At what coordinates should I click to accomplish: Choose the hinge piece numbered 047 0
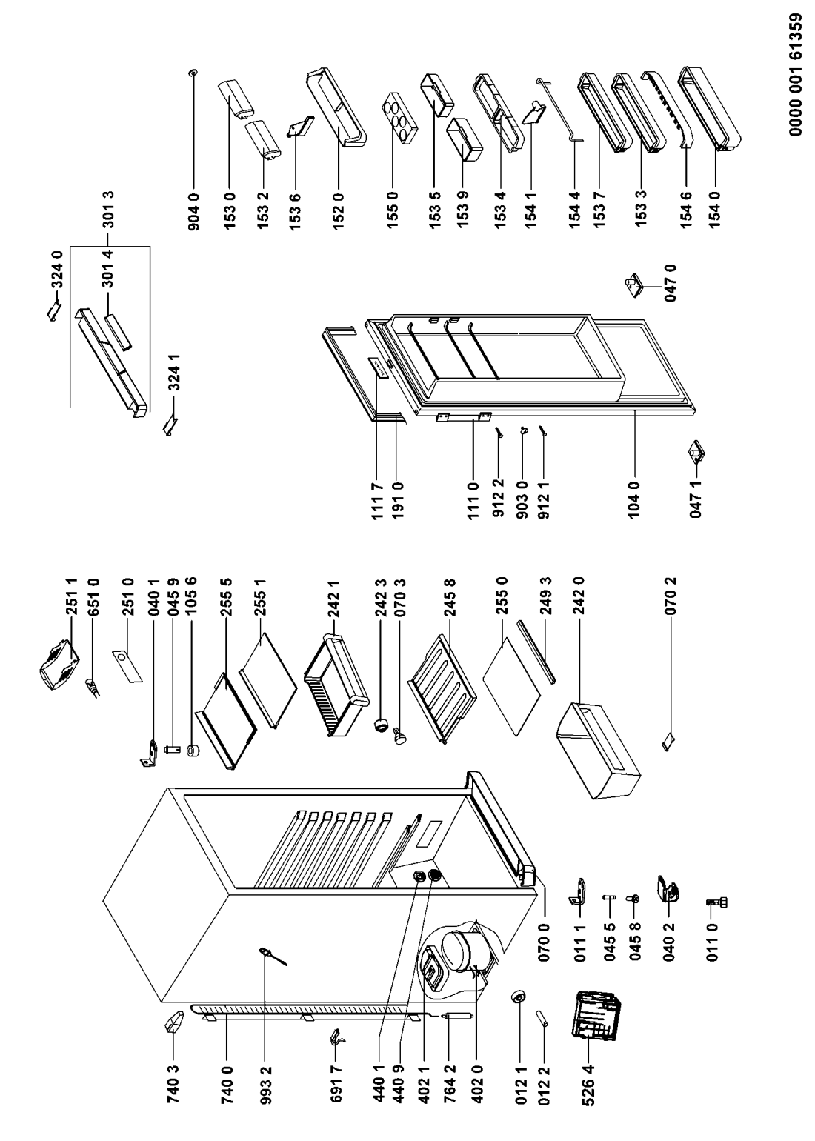click(x=634, y=285)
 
